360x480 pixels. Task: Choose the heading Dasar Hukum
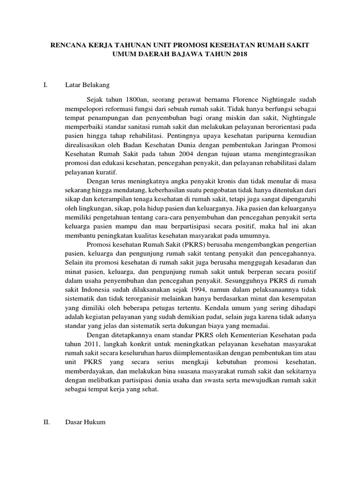[x=86, y=422]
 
